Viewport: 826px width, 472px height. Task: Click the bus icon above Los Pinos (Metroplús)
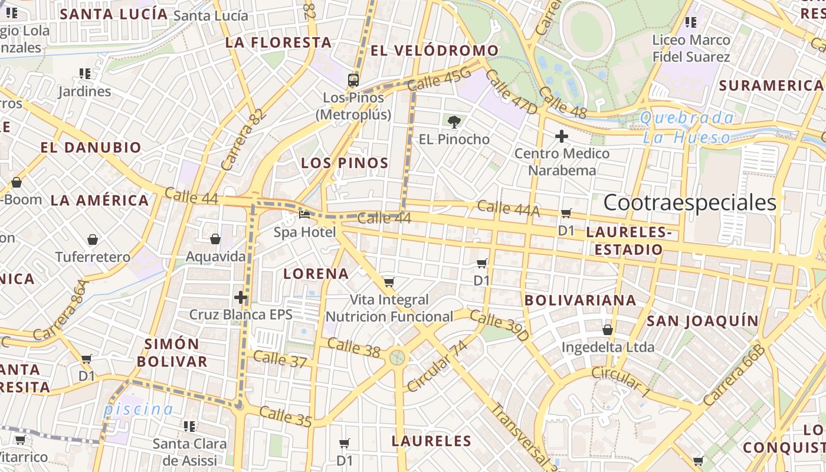(x=353, y=80)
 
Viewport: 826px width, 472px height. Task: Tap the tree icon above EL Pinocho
(x=454, y=122)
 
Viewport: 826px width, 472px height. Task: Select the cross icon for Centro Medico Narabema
(x=562, y=137)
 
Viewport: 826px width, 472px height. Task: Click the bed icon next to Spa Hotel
(x=304, y=214)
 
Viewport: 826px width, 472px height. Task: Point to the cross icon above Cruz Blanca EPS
(x=241, y=297)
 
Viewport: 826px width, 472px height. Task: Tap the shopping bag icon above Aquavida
(x=215, y=239)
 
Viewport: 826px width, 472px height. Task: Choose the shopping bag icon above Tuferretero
(x=93, y=240)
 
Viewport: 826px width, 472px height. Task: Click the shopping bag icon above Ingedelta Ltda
(x=608, y=330)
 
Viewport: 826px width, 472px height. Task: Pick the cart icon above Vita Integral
(x=389, y=283)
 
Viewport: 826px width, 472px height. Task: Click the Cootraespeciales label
(x=690, y=203)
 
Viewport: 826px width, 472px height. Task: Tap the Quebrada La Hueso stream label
(x=687, y=128)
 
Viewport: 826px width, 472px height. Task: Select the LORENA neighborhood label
(x=316, y=274)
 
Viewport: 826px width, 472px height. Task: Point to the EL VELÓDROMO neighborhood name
(x=435, y=51)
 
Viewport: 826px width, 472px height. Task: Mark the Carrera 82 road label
(x=241, y=139)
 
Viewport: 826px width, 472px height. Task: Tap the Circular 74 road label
(x=437, y=366)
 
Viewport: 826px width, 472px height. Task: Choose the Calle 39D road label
(x=499, y=326)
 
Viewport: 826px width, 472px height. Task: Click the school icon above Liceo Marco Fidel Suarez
(x=691, y=23)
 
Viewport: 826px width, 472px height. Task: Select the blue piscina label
(x=139, y=409)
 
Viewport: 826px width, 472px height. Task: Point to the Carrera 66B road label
(x=734, y=374)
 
